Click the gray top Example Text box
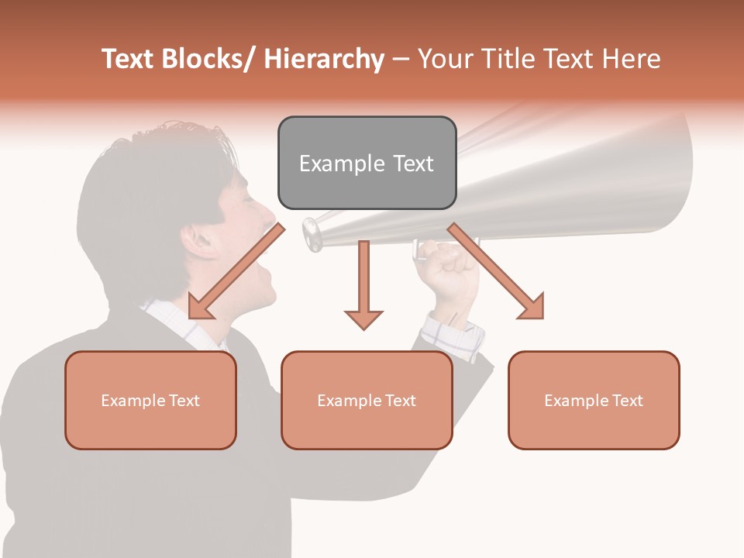[367, 164]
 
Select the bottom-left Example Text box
[150, 400]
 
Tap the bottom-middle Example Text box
[367, 400]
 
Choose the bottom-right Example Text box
[594, 400]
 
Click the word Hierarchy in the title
[325, 59]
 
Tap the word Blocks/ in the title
[208, 59]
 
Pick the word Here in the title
[633, 59]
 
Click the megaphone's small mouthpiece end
[312, 233]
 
